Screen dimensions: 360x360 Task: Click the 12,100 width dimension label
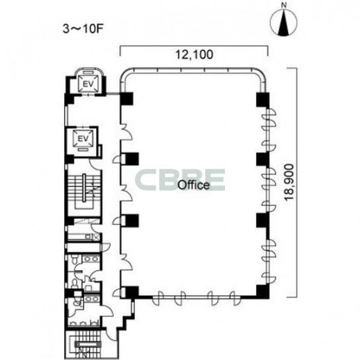194,55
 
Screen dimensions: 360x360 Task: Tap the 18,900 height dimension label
289,182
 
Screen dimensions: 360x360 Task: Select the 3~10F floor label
82,29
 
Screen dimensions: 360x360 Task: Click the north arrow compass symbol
283,23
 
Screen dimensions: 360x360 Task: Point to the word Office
194,185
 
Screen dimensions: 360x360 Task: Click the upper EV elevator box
89,84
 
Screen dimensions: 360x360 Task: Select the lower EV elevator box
83,138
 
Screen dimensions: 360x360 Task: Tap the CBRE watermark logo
180,180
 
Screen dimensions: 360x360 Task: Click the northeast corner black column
263,99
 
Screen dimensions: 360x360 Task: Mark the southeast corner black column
263,292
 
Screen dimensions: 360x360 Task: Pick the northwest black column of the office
126,99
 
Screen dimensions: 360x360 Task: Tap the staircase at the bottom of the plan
87,344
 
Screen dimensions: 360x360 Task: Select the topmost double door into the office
126,132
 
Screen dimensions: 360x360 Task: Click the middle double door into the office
126,193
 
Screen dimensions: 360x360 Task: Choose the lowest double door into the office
126,262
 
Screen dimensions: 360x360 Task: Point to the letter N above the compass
285,5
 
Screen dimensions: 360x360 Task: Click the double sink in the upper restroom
91,259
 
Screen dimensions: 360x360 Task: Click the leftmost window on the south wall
158,298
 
